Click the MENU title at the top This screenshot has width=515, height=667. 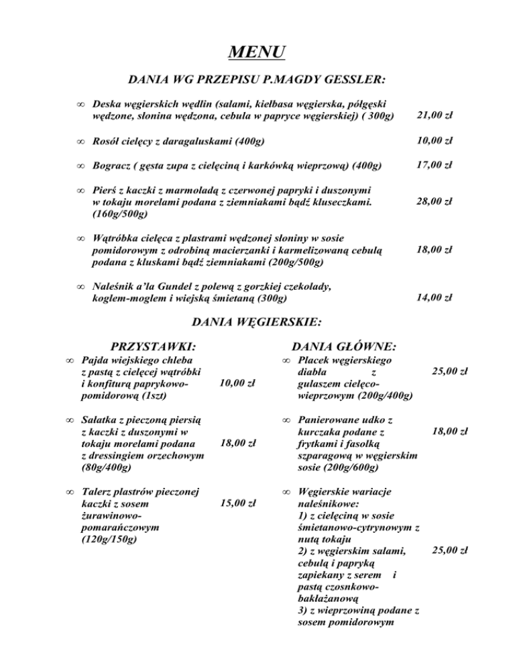click(x=257, y=51)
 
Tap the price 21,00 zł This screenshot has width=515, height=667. click(x=435, y=115)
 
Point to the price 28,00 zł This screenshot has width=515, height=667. click(x=435, y=201)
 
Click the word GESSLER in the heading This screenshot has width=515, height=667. click(x=352, y=80)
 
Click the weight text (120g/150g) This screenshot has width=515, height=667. click(x=109, y=539)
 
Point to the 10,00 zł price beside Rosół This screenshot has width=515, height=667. click(x=435, y=141)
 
